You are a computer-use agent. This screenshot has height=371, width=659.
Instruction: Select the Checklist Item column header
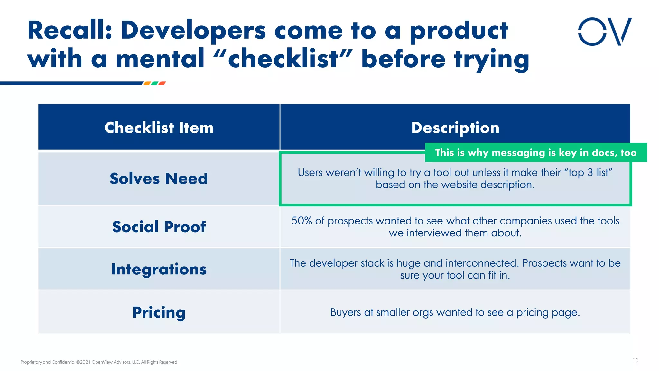[x=159, y=128]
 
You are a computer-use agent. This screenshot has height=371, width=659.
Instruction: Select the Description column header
[x=455, y=128]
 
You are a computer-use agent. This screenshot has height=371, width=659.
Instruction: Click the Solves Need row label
[x=159, y=178]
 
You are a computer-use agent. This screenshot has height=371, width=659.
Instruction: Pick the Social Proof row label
[x=159, y=226]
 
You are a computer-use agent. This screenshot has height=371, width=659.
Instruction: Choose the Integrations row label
[x=159, y=269]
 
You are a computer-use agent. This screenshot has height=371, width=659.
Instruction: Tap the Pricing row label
[x=159, y=312]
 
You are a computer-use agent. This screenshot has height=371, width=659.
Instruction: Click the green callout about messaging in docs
[x=535, y=152]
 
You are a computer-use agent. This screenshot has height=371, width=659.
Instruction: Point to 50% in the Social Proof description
[x=302, y=221]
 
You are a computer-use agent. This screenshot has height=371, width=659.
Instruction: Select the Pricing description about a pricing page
[x=455, y=312]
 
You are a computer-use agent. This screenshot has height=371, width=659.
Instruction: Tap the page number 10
[x=635, y=360]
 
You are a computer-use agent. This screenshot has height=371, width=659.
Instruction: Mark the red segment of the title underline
[x=162, y=83]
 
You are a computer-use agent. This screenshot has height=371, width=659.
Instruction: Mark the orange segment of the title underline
[x=147, y=83]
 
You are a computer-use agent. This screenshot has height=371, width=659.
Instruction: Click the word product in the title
[x=459, y=31]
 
